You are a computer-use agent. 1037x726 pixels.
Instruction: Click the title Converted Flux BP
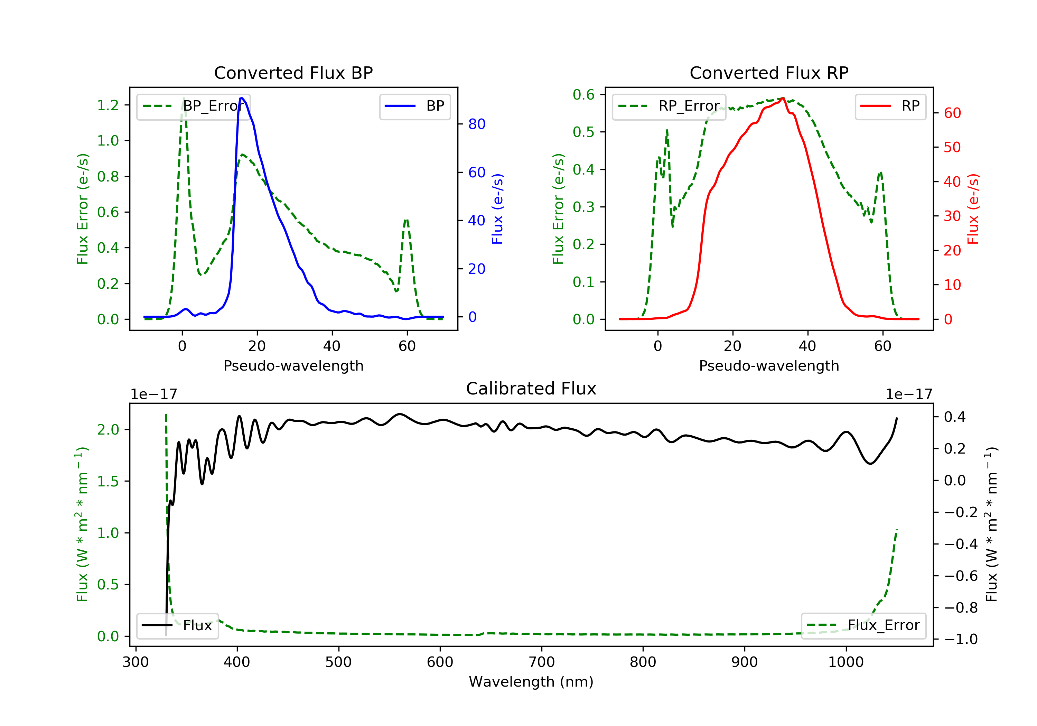click(293, 73)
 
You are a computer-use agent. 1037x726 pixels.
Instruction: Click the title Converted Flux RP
click(769, 73)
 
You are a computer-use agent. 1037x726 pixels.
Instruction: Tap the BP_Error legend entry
click(193, 106)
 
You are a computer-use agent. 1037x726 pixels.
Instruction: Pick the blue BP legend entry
click(414, 106)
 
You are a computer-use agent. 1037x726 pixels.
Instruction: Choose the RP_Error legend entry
click(669, 106)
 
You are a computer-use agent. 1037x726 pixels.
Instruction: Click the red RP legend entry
click(890, 106)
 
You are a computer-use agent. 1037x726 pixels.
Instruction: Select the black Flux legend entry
click(178, 625)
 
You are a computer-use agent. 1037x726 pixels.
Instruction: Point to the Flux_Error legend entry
click(863, 625)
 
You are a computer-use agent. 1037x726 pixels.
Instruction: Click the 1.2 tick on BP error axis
click(108, 105)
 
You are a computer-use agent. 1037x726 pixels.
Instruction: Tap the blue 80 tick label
click(476, 124)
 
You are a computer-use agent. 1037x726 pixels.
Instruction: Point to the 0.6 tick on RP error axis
click(583, 95)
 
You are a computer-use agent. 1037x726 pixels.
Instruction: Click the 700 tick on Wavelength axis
click(542, 662)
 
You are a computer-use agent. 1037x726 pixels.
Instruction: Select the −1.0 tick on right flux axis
click(961, 639)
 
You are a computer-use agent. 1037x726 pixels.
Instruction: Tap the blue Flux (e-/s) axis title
click(497, 209)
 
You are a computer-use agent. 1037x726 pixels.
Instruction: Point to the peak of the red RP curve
click(783, 98)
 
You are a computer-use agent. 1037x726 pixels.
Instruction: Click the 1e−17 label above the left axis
click(153, 394)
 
